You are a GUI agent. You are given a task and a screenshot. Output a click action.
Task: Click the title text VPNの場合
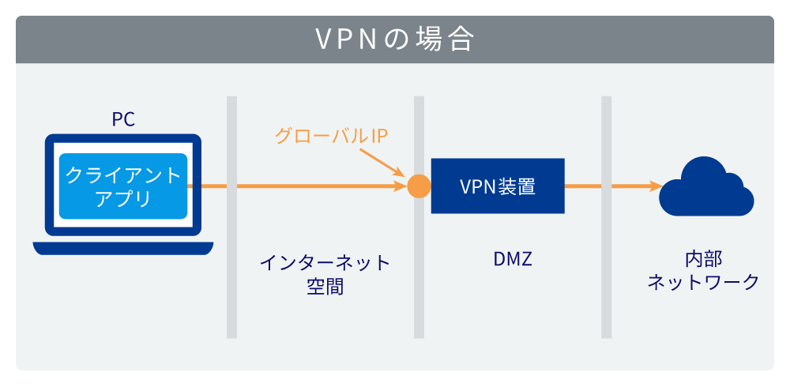tap(394, 39)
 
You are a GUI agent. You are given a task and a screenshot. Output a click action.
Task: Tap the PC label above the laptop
tap(122, 119)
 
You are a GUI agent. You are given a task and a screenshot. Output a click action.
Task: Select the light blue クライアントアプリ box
tap(122, 186)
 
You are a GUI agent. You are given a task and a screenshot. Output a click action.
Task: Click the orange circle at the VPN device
tap(419, 186)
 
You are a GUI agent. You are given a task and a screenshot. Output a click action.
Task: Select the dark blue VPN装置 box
tap(498, 186)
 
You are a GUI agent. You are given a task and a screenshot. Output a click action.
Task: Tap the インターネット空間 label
tap(325, 273)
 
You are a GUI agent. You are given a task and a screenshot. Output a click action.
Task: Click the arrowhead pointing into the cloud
tap(655, 186)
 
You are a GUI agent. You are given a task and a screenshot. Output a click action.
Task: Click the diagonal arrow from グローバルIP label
tap(387, 164)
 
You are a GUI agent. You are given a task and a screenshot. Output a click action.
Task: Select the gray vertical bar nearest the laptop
tap(231, 217)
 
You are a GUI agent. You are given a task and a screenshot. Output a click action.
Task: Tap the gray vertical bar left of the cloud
tap(606, 217)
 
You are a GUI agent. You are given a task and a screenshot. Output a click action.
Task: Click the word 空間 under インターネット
tap(325, 286)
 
